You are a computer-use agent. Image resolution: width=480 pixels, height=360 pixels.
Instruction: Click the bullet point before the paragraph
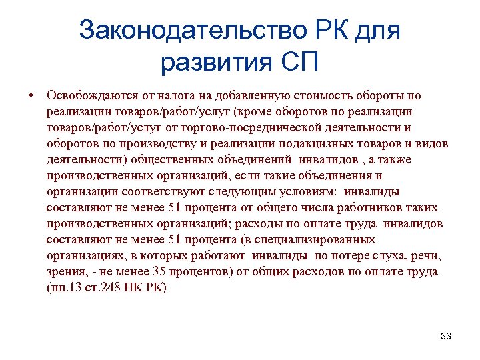(x=31, y=96)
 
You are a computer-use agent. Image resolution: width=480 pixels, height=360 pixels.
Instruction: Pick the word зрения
(x=65, y=271)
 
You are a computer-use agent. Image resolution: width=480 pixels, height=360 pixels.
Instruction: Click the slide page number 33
(x=446, y=336)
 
